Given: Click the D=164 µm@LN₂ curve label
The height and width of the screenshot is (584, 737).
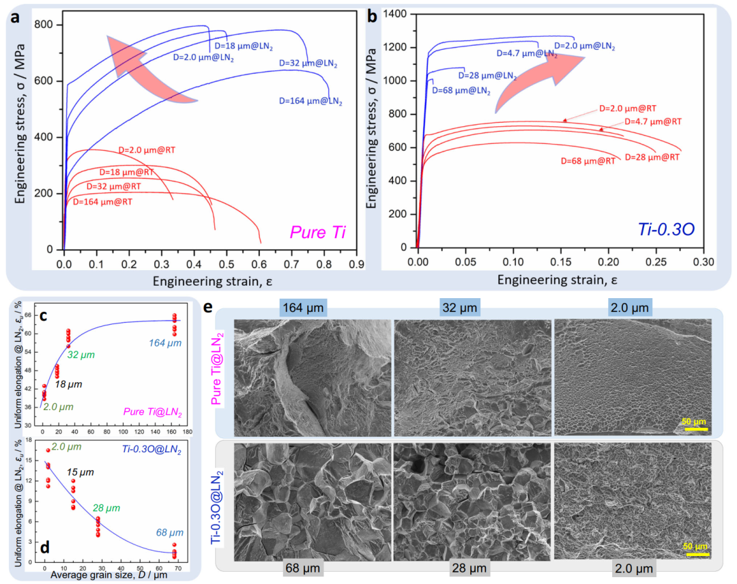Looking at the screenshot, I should click(310, 101).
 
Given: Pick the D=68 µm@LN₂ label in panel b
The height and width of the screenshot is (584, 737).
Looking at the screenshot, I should click(461, 89).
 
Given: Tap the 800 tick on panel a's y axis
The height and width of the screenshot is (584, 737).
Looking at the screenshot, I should click(48, 25).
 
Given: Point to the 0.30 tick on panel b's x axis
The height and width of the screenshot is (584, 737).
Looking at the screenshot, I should click(703, 261).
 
